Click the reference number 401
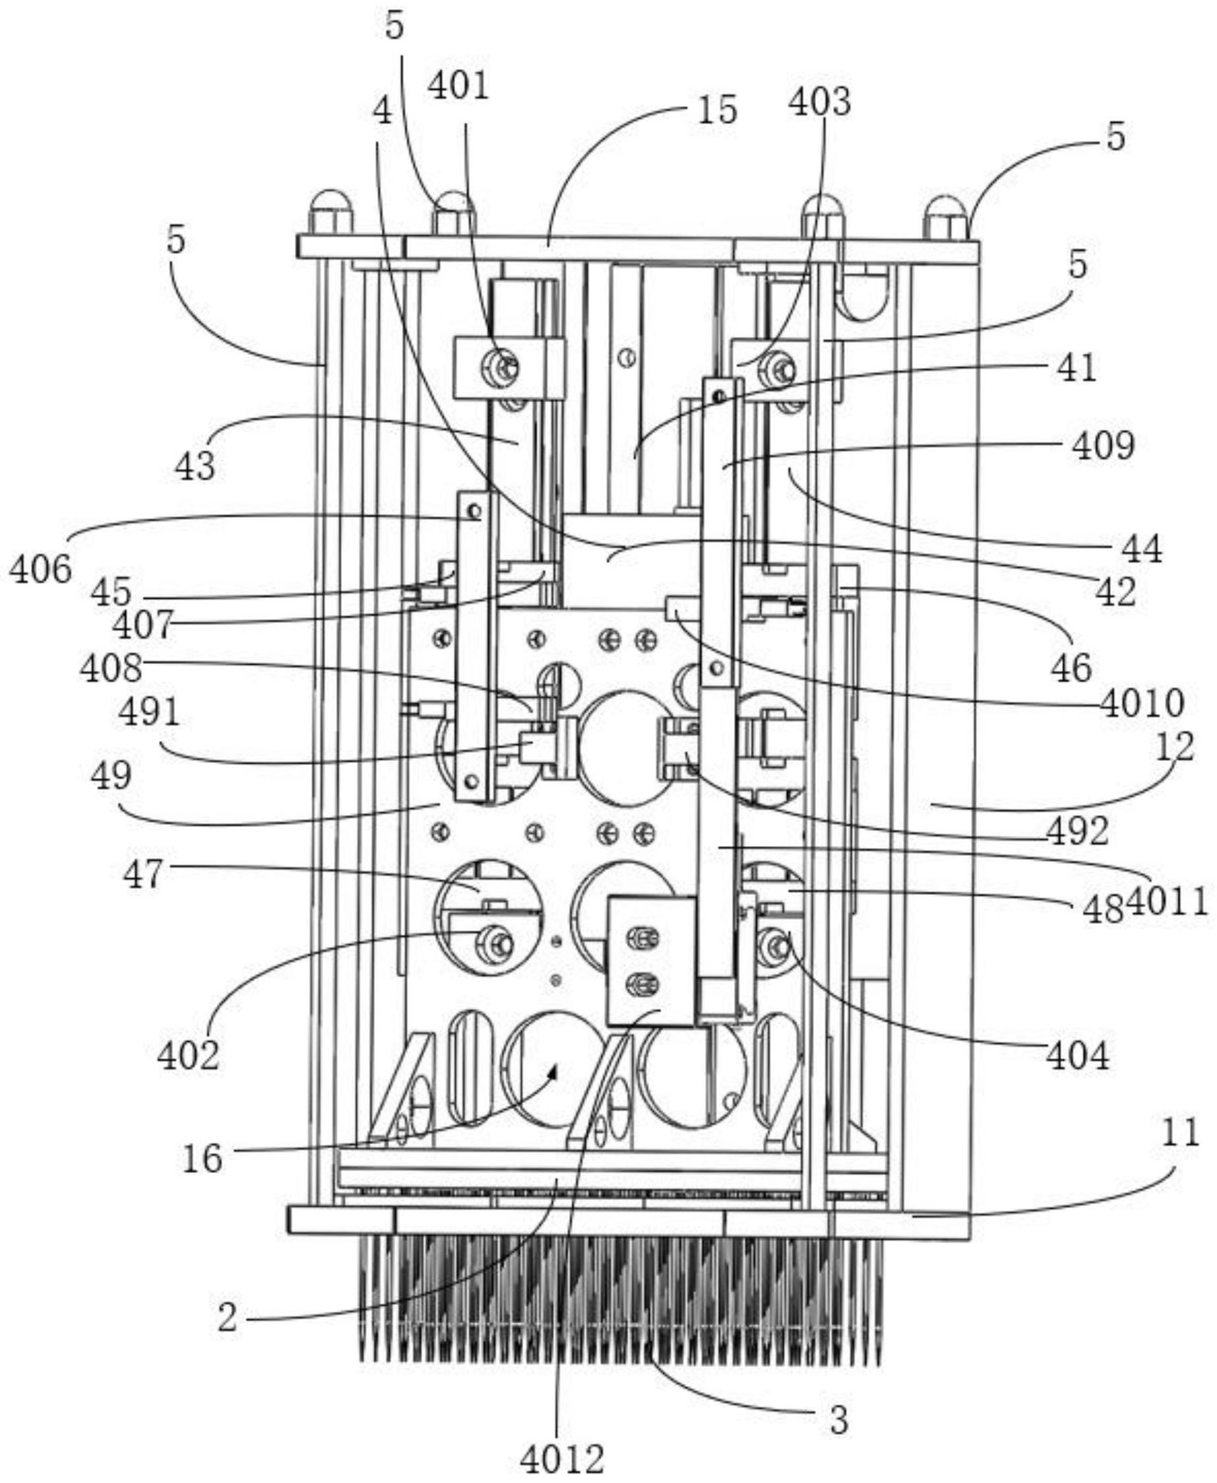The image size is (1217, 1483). tap(458, 88)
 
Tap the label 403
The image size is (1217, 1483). tap(819, 102)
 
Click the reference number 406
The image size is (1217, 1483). tap(41, 570)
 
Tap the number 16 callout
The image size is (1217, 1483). tap(203, 1159)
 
